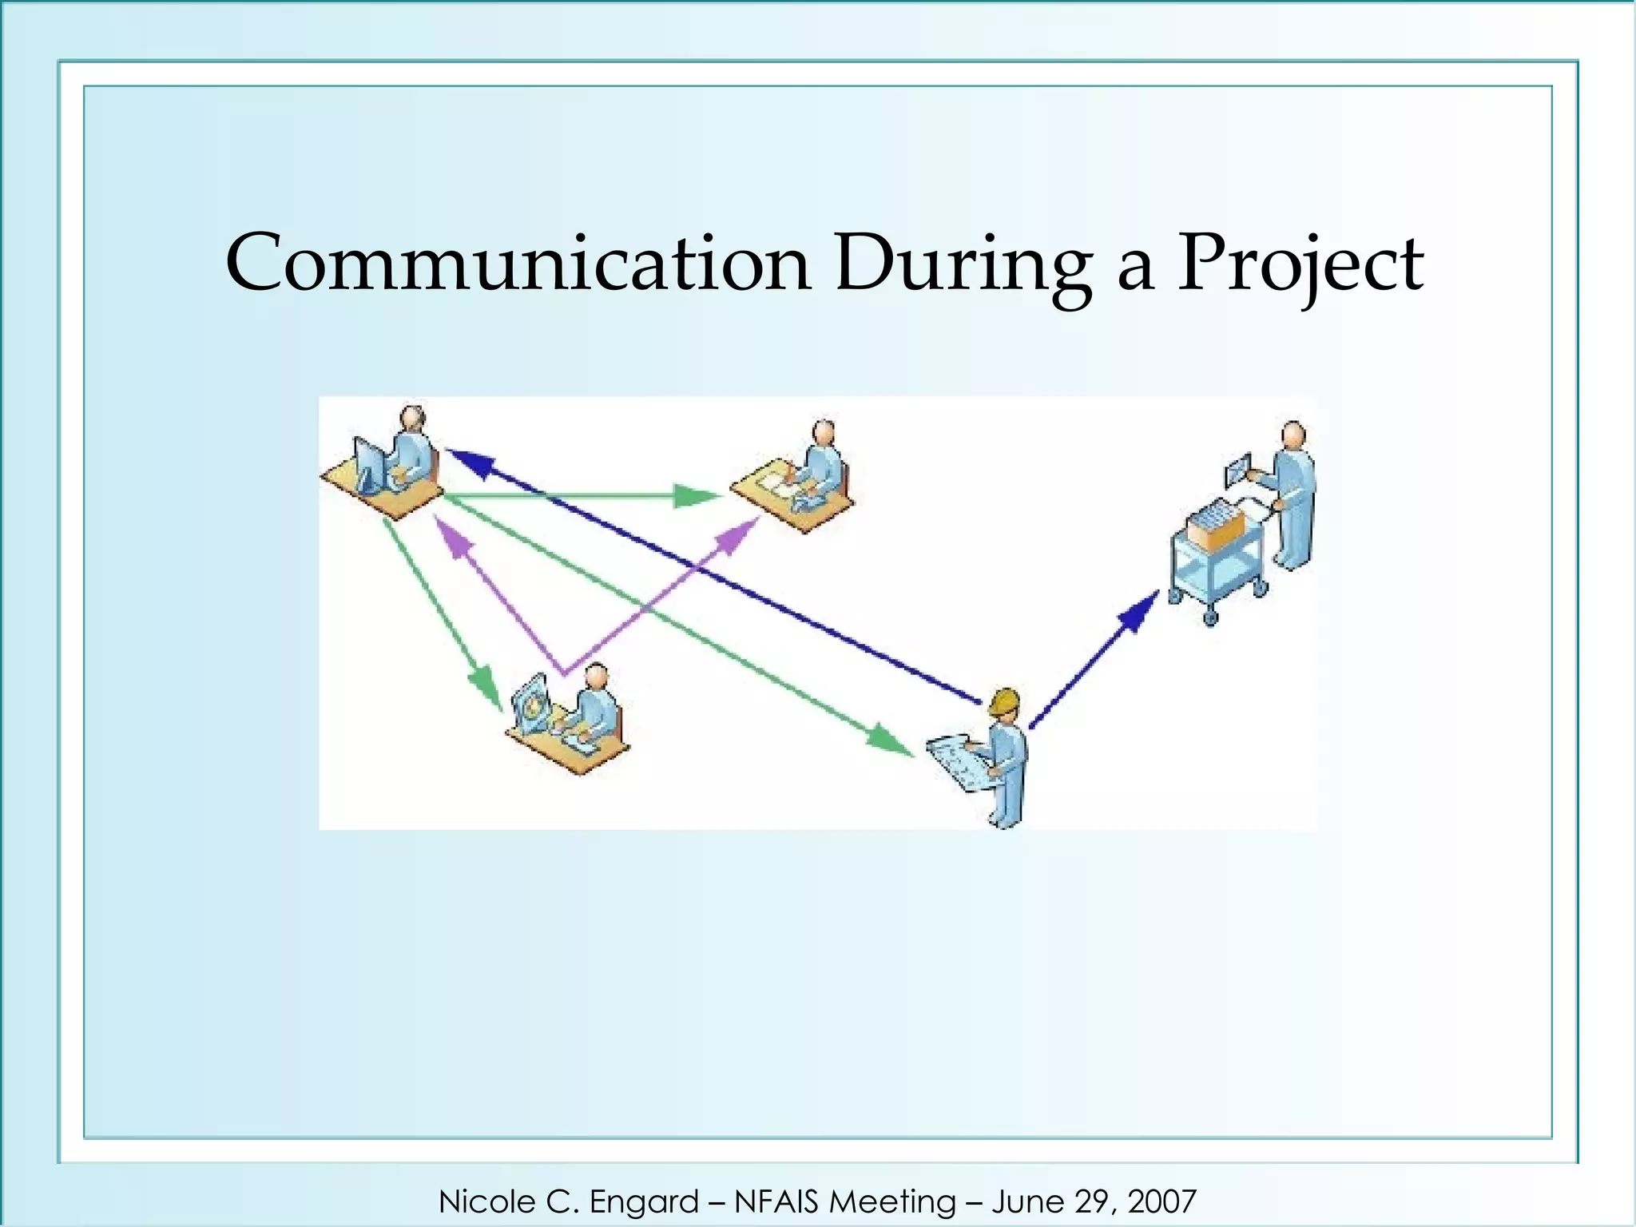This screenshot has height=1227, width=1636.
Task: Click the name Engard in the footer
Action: click(x=644, y=1201)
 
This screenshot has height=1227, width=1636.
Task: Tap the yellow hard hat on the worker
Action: click(x=1004, y=701)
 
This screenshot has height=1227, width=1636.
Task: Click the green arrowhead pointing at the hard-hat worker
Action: click(x=888, y=738)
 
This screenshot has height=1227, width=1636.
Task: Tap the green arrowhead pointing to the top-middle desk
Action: click(x=693, y=496)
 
